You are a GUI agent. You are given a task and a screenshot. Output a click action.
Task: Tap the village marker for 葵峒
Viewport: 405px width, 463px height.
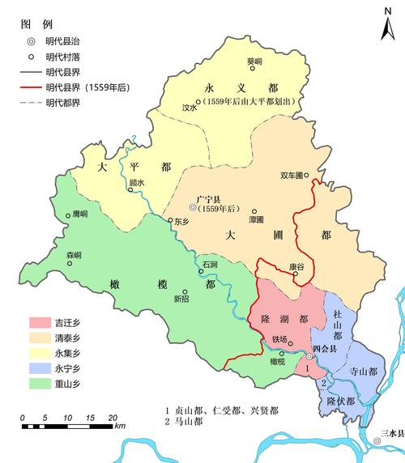(254, 70)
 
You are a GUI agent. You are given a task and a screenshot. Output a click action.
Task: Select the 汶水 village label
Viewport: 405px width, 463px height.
(190, 106)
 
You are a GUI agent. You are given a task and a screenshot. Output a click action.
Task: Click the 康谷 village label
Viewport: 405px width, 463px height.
(296, 265)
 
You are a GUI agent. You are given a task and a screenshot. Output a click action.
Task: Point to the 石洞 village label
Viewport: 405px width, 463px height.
(210, 265)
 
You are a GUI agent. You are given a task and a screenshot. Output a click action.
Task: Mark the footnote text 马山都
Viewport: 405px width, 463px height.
(188, 423)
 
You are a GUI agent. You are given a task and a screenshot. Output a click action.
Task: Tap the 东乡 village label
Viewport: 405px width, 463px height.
(180, 220)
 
